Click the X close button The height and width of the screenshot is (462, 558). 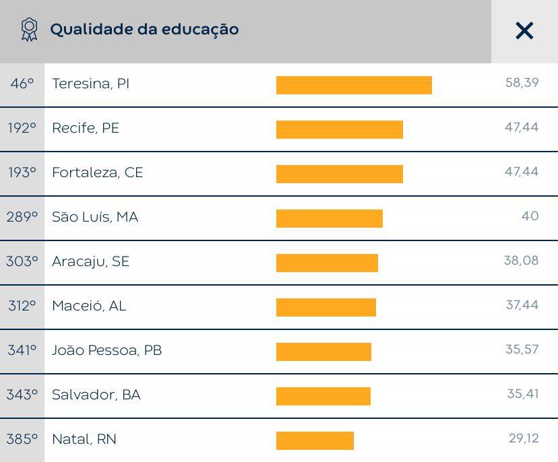click(524, 30)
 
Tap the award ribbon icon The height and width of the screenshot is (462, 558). click(29, 30)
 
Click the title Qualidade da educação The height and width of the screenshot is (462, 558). click(144, 30)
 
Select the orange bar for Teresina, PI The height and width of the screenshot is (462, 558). click(354, 86)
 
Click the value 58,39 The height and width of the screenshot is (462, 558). click(522, 83)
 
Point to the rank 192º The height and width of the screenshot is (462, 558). click(22, 128)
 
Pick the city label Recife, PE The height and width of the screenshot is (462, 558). click(86, 128)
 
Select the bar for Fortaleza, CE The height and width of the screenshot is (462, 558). click(340, 174)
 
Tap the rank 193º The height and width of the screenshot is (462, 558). click(22, 172)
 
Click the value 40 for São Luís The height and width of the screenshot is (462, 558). click(530, 216)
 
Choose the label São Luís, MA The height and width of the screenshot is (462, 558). click(95, 217)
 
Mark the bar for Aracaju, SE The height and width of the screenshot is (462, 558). click(327, 263)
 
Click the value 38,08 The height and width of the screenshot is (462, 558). click(522, 261)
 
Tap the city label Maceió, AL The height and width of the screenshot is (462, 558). click(89, 306)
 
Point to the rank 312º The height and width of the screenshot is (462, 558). click(22, 306)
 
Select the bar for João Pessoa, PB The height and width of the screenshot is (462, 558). click(324, 352)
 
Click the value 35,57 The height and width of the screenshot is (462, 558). click(522, 350)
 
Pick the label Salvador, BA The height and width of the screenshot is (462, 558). click(96, 395)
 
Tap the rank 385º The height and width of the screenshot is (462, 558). click(22, 439)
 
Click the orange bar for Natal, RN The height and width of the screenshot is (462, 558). click(315, 441)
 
